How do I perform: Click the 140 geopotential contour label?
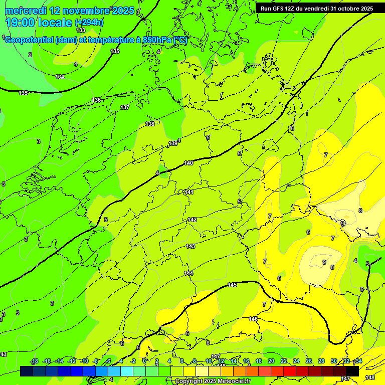[x=188, y=163]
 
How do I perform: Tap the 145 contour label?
[x=232, y=285]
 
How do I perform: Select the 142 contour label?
[x=192, y=220]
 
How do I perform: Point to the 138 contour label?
[x=150, y=124]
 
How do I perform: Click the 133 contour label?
[x=81, y=30]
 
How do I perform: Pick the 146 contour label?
[x=253, y=319]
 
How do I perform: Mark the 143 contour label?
[x=190, y=246]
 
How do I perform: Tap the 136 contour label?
[x=96, y=100]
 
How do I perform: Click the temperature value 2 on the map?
[x=30, y=55]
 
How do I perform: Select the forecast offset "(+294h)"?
[x=90, y=23]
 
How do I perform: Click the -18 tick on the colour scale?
[x=35, y=361]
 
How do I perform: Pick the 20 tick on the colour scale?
[x=271, y=361]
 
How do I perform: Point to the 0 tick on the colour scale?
[x=144, y=361]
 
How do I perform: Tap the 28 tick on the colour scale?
[x=321, y=361]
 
